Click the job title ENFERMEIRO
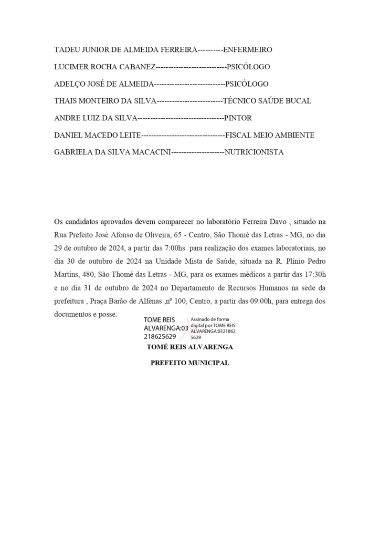tap(248, 50)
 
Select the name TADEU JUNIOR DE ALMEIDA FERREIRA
tap(125, 50)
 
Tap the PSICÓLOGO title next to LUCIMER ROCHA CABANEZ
tap(248, 67)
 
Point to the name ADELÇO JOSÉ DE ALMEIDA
tap(103, 84)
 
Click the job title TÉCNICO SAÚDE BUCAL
tap(267, 101)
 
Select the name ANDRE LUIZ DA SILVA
tap(96, 118)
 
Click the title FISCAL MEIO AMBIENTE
tap(270, 136)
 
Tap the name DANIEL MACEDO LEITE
tap(98, 136)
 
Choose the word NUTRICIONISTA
tap(254, 152)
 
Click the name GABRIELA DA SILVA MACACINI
tap(112, 152)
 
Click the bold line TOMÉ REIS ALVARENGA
tap(189, 347)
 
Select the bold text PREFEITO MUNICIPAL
tap(189, 363)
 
